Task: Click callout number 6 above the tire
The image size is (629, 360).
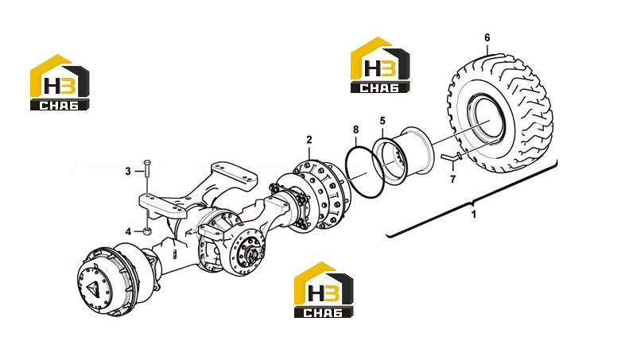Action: (487, 37)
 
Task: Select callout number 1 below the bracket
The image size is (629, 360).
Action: (474, 214)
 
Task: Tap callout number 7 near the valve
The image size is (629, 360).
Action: (453, 179)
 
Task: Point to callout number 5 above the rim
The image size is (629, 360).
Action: (382, 121)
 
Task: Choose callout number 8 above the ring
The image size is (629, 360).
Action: (355, 130)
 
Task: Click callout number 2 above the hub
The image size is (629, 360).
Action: (309, 140)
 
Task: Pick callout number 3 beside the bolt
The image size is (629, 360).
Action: (128, 171)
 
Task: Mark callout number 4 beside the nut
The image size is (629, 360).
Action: (128, 231)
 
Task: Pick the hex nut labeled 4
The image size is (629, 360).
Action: (147, 231)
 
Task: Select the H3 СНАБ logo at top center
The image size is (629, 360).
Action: (380, 65)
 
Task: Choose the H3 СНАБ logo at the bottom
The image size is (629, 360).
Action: (324, 290)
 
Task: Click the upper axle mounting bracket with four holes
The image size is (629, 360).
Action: (234, 176)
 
